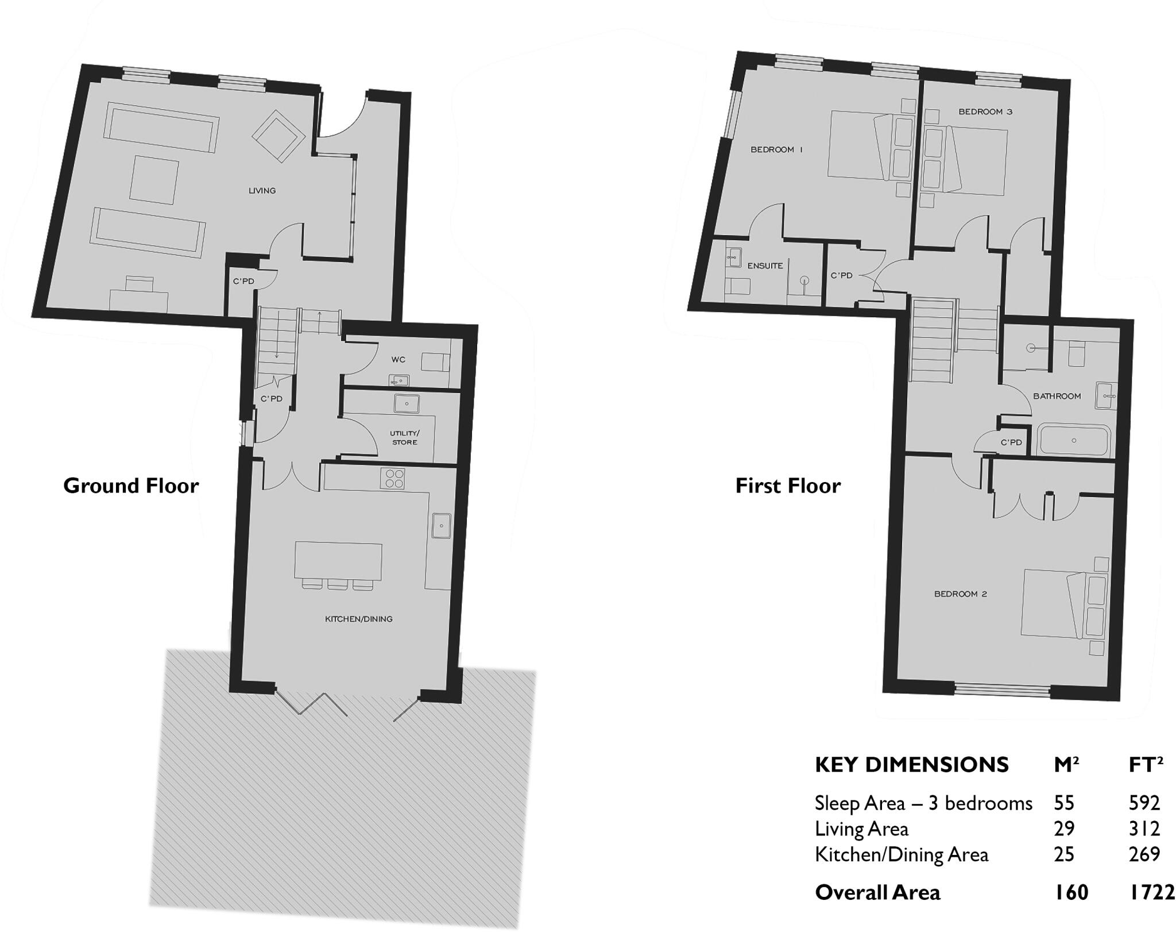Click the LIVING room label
click(x=262, y=190)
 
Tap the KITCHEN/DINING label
click(x=358, y=619)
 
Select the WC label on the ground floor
click(x=398, y=360)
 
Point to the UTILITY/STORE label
click(x=404, y=437)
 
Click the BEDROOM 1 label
click(x=776, y=149)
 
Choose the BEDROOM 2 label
click(x=960, y=594)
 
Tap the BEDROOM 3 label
click(x=985, y=111)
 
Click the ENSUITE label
click(x=765, y=265)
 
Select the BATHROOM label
click(x=1057, y=396)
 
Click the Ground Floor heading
click(x=131, y=486)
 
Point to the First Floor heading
click(x=788, y=486)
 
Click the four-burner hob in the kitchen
click(x=394, y=479)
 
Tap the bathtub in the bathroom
click(x=1073, y=441)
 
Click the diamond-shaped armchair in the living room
click(x=278, y=136)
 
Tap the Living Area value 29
click(x=1064, y=829)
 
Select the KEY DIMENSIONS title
click(x=911, y=765)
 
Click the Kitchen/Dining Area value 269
click(x=1144, y=854)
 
